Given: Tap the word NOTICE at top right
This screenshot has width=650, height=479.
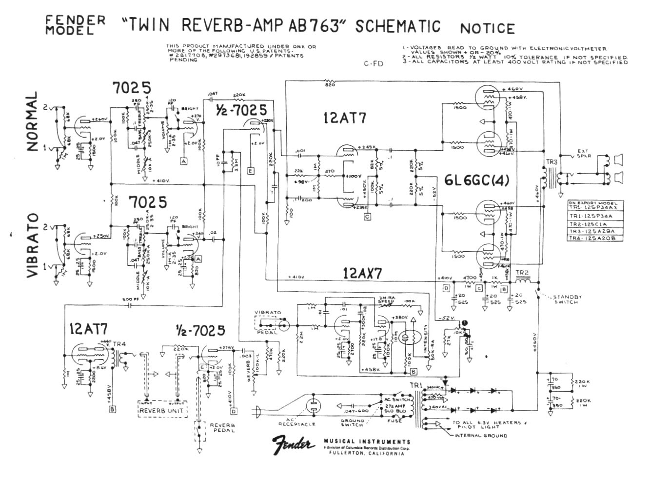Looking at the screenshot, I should click(x=487, y=28).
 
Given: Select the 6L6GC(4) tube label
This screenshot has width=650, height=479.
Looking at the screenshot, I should click(x=476, y=180).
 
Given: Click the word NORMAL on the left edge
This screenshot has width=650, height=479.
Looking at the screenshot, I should click(x=33, y=122).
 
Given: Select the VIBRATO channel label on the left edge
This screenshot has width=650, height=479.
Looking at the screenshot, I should click(x=33, y=245).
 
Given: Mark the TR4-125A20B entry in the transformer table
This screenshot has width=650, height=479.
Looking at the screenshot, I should click(x=593, y=238).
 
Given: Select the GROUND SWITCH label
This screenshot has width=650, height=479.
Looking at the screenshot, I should click(x=352, y=423).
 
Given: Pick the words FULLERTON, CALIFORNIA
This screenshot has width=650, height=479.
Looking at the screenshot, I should click(x=367, y=453).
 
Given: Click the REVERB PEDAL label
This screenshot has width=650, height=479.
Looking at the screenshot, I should click(x=222, y=428).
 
